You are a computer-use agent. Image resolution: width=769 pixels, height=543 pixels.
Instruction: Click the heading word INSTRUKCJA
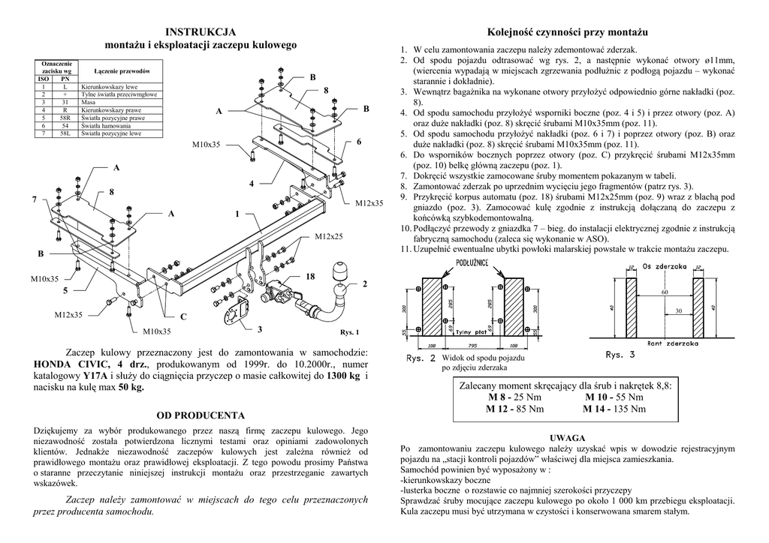pyautogui.click(x=201, y=31)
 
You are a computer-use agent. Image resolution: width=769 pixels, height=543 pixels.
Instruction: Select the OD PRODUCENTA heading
pyautogui.click(x=201, y=415)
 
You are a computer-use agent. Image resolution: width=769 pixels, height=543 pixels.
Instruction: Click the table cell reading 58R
pyautogui.click(x=65, y=118)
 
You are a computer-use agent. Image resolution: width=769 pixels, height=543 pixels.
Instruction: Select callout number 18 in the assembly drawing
pyautogui.click(x=310, y=277)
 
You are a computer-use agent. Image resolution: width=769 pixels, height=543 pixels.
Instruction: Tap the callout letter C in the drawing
pyautogui.click(x=182, y=316)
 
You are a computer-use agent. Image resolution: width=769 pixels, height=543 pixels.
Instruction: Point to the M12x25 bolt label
pyautogui.click(x=328, y=237)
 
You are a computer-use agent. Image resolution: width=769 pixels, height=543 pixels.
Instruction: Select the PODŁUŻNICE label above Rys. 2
pyautogui.click(x=474, y=262)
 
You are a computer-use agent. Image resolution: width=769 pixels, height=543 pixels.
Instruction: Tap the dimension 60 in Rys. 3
pyautogui.click(x=665, y=291)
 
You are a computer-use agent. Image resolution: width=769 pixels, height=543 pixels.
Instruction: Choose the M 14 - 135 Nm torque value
pyautogui.click(x=614, y=409)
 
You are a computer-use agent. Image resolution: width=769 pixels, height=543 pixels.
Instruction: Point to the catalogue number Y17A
pyautogui.click(x=95, y=376)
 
